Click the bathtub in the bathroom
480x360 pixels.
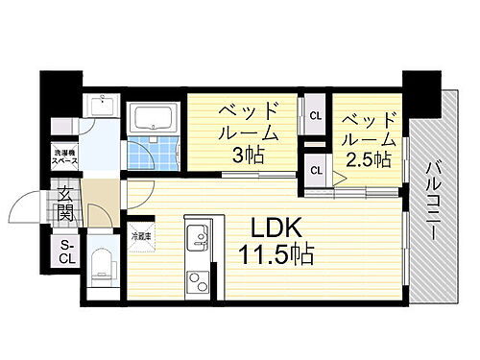pos(154,120)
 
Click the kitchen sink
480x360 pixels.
pos(198,236)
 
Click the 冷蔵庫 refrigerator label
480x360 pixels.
pos(142,234)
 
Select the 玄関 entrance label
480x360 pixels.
pos(66,206)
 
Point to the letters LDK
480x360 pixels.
pos(278,229)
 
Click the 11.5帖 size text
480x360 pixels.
pos(277,256)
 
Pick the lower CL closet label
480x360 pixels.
pos(315,171)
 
